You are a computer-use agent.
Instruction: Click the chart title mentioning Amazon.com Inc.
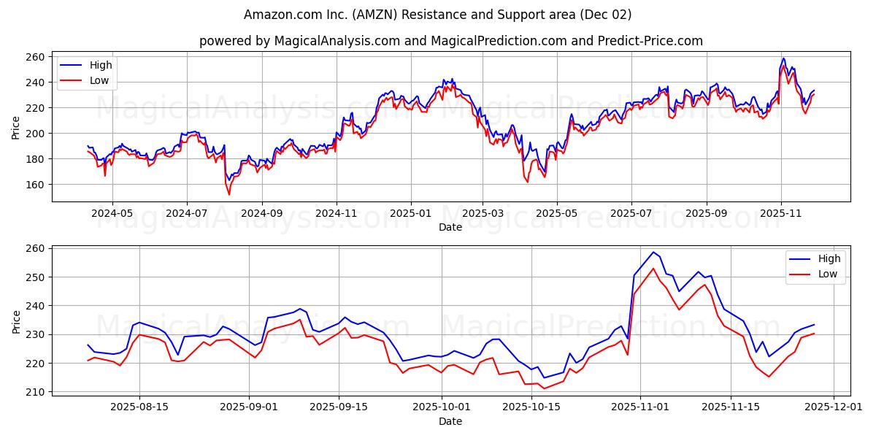click(438, 15)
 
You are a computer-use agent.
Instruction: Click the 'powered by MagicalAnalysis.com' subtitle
click(450, 41)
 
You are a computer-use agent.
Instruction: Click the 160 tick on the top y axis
click(37, 185)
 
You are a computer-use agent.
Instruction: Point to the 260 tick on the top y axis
click(37, 57)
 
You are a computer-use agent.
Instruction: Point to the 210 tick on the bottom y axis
click(37, 392)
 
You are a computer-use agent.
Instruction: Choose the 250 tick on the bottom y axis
click(37, 277)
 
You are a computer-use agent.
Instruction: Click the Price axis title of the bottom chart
click(16, 321)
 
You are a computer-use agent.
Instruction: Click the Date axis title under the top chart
click(450, 227)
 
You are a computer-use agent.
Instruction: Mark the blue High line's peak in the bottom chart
click(653, 253)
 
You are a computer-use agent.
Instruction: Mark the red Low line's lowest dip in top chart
click(228, 194)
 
